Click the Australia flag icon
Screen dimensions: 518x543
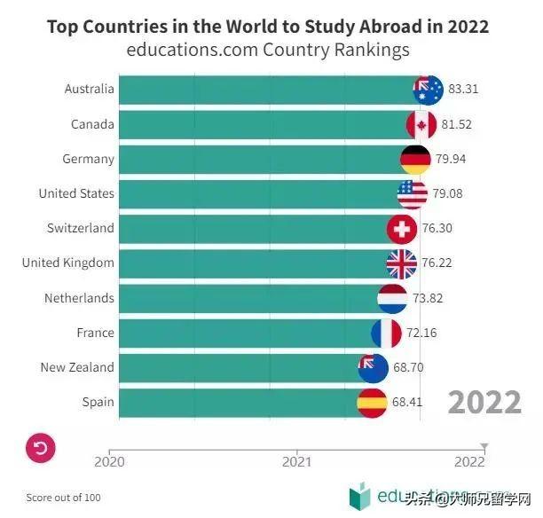[x=428, y=90]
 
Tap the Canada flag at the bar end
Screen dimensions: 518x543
[x=421, y=124]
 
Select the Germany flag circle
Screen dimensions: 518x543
[x=415, y=160]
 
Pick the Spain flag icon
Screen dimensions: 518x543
[x=372, y=403]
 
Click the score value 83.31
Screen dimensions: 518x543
[x=464, y=90]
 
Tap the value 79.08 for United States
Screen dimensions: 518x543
[x=448, y=194]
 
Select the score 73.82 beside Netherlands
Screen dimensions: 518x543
[x=429, y=299]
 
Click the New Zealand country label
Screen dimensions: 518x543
[x=77, y=367]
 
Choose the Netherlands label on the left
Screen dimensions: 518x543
[x=79, y=298]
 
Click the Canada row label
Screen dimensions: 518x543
[x=92, y=124]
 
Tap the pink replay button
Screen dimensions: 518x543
[x=41, y=448]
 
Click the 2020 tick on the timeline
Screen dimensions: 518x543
[x=109, y=459]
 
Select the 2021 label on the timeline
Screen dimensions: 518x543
[x=296, y=461]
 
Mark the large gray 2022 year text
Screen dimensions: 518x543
[x=484, y=402]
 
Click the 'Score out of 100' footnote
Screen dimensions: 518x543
[x=63, y=498]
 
